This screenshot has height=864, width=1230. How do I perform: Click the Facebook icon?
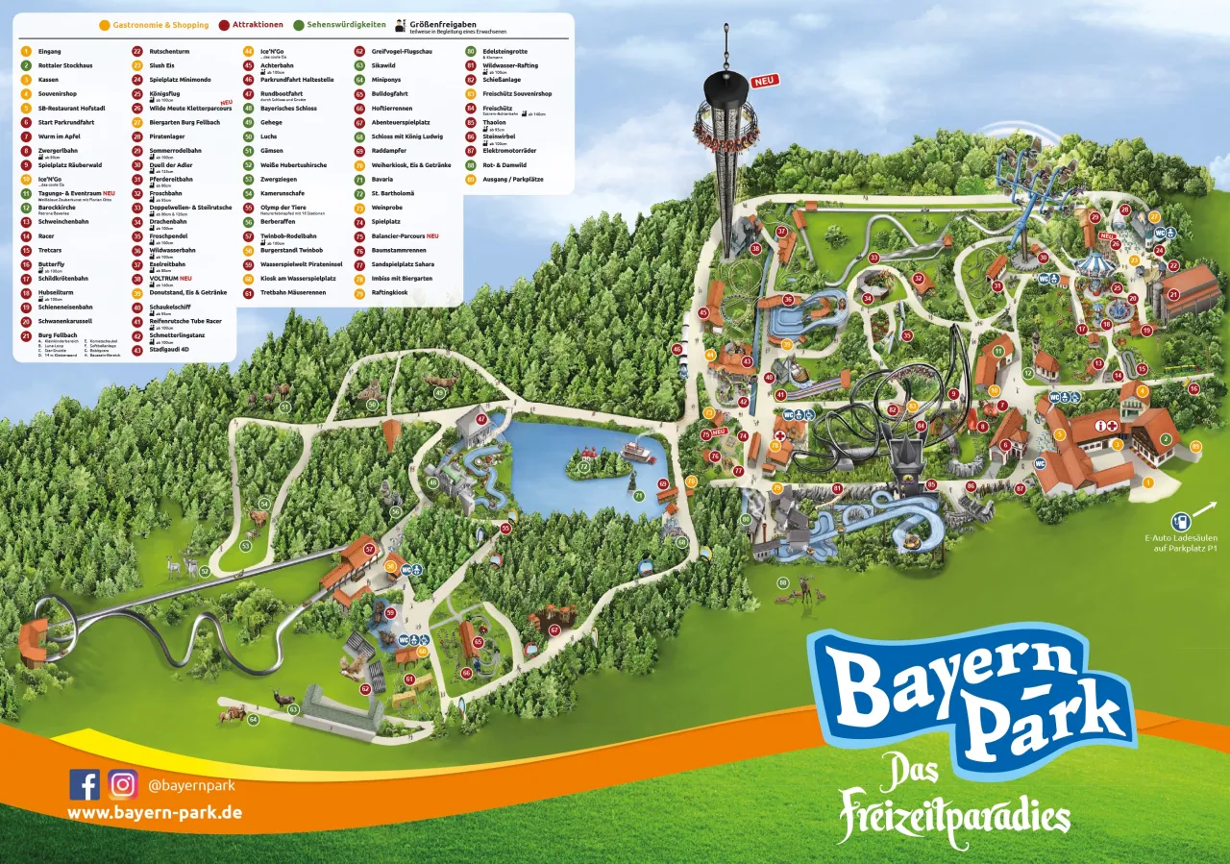click(x=85, y=784)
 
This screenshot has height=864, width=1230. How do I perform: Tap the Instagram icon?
click(x=123, y=784)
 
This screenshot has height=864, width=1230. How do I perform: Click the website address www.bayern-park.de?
click(x=154, y=813)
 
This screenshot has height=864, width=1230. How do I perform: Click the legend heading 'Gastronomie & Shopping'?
click(x=160, y=25)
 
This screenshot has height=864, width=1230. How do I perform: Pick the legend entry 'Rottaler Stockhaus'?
click(x=65, y=65)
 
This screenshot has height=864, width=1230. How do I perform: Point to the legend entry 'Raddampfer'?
click(x=386, y=151)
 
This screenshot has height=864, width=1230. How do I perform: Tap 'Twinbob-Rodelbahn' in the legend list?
click(x=288, y=235)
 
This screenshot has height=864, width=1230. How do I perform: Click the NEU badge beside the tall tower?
click(x=764, y=82)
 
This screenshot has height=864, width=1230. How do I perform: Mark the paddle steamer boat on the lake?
click(x=639, y=452)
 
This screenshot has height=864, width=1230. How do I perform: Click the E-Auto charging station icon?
click(x=1181, y=522)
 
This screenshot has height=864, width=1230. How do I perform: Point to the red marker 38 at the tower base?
click(x=755, y=249)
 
